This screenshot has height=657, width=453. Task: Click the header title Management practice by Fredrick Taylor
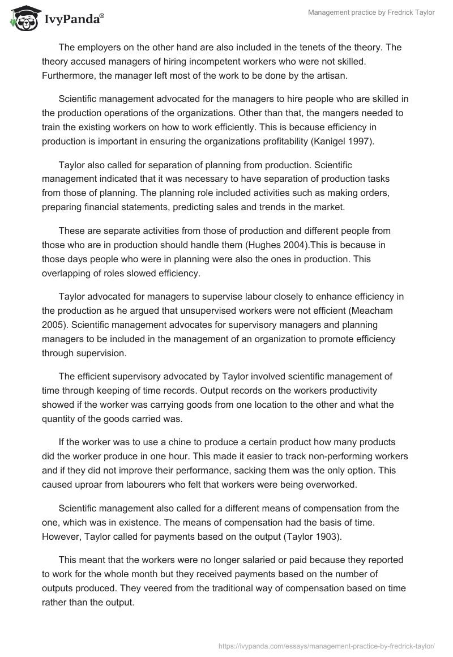pyautogui.click(x=371, y=12)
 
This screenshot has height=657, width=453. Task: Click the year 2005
pyautogui.click(x=53, y=326)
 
